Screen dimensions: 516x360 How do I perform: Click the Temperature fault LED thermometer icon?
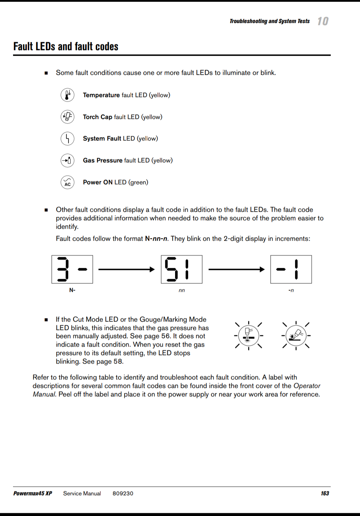67,95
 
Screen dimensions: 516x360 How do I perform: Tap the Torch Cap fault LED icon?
67,117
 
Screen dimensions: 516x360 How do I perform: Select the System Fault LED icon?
67,139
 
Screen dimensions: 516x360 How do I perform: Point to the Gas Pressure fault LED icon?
67,161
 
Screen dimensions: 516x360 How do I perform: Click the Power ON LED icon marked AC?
67,182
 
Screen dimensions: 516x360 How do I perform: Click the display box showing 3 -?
72,269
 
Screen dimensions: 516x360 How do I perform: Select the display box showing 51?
182,269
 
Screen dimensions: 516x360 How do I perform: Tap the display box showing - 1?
291,269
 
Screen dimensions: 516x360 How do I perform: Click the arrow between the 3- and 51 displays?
127,270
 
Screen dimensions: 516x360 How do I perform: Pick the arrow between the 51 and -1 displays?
236,270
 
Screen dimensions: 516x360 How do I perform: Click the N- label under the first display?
72,290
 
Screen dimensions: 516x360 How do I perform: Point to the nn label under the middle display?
182,290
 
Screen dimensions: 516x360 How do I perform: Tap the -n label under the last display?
291,290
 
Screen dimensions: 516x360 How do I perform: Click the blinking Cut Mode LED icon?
249,335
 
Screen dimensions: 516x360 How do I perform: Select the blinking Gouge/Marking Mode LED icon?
296,335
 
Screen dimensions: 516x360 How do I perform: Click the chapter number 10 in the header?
323,21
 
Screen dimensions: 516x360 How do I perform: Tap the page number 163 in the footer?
325,493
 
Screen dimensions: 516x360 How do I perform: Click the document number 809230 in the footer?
123,493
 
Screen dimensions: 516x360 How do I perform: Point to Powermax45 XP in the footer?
33,493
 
